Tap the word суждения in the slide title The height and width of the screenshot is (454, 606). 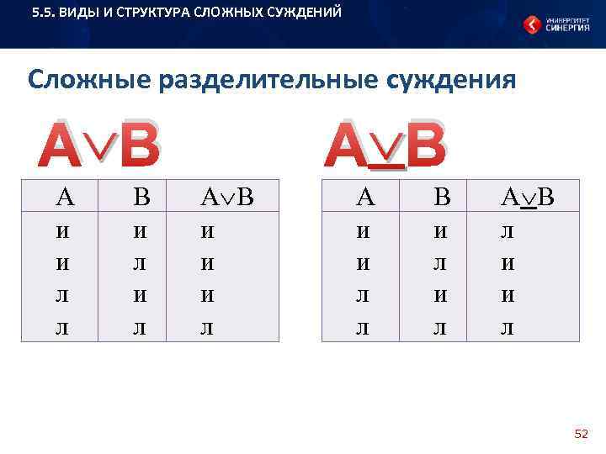[x=449, y=81]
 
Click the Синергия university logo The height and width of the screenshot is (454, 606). [x=555, y=24]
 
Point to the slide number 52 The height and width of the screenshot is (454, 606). [x=581, y=434]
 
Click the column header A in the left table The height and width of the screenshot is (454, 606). [x=64, y=198]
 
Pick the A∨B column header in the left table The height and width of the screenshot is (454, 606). [x=226, y=198]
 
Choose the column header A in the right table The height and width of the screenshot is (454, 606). [x=365, y=198]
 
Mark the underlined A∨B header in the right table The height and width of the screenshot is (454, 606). [x=528, y=198]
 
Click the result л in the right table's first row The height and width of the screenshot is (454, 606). [x=508, y=230]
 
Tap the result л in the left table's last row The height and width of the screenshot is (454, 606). [x=206, y=326]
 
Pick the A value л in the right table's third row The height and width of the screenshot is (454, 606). [x=364, y=294]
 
